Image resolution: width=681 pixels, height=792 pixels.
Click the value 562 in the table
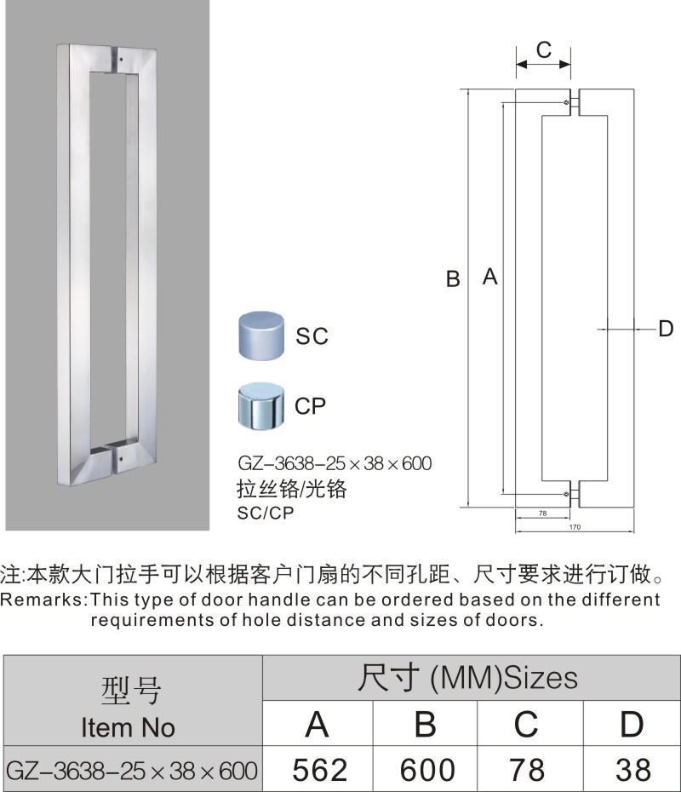(x=320, y=770)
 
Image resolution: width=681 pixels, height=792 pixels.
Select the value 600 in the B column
(x=427, y=770)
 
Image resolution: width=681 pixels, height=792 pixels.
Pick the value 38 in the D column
(x=632, y=770)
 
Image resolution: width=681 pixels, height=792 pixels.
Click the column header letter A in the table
(x=318, y=724)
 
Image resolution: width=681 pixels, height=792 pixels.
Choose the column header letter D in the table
(x=632, y=724)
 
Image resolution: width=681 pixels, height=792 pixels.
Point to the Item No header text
(x=128, y=727)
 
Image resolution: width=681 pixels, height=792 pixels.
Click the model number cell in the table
(x=131, y=771)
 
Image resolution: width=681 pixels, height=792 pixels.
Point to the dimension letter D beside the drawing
(x=666, y=329)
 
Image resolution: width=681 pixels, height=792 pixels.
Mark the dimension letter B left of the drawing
(x=454, y=278)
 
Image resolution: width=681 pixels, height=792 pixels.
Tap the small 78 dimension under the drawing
(x=541, y=514)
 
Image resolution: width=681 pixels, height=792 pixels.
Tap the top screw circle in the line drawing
(x=567, y=104)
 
